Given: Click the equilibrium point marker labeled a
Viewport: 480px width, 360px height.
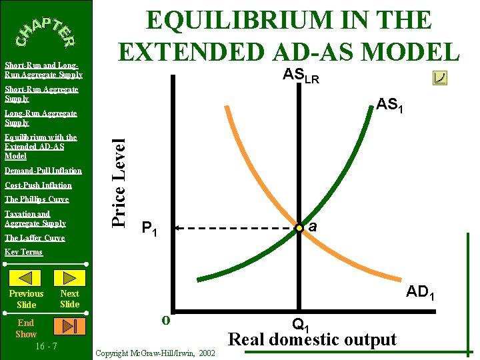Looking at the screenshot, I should tap(300, 228).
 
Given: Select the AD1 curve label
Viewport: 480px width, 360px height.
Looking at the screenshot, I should tap(421, 292).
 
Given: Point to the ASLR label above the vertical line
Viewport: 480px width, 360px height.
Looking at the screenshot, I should tap(301, 76).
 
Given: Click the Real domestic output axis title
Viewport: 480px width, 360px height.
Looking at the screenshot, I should tap(313, 339).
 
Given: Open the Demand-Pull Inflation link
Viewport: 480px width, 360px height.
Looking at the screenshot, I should tap(43, 171).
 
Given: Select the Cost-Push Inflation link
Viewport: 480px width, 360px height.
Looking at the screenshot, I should tap(38, 185).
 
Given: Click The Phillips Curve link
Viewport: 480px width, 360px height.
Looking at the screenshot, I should tap(37, 199).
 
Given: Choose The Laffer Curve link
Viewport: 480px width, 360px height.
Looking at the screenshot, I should tap(35, 238).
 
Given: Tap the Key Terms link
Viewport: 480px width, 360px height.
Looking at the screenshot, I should tap(23, 252).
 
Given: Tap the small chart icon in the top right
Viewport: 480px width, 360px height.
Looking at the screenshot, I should tap(439, 78).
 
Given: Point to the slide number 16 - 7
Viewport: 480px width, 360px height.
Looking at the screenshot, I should tap(45, 346).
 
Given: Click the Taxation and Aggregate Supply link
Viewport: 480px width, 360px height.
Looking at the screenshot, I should tap(35, 219).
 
